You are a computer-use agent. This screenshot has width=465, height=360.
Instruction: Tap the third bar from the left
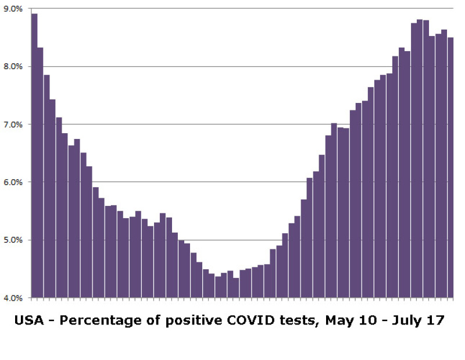point(46,186)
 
